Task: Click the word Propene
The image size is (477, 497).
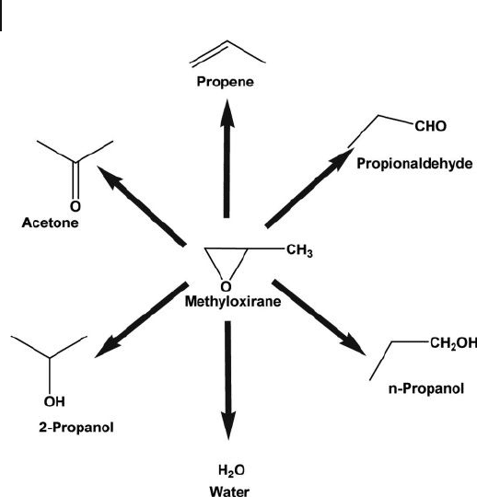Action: [226, 82]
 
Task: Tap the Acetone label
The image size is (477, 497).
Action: [50, 223]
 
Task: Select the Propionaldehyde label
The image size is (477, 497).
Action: [414, 164]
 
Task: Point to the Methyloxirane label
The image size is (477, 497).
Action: [233, 302]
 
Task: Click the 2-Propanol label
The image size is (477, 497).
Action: [76, 427]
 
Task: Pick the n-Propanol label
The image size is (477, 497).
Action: [426, 388]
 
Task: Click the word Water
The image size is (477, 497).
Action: [229, 491]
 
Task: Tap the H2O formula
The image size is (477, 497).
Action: [231, 470]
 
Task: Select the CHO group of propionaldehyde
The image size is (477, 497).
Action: [430, 126]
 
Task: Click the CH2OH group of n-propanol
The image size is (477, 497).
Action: [453, 343]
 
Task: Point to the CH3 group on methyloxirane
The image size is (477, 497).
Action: [299, 250]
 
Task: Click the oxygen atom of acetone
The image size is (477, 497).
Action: [76, 206]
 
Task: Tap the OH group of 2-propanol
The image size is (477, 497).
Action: [54, 401]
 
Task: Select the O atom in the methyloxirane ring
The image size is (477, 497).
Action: [226, 287]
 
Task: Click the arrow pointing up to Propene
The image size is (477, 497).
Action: [227, 158]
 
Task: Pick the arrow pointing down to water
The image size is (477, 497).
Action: [228, 380]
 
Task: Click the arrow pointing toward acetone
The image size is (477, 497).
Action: [142, 206]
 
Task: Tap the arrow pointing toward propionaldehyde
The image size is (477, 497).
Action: [309, 188]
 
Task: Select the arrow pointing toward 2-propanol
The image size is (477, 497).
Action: [142, 319]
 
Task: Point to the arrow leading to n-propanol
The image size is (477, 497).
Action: [319, 318]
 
